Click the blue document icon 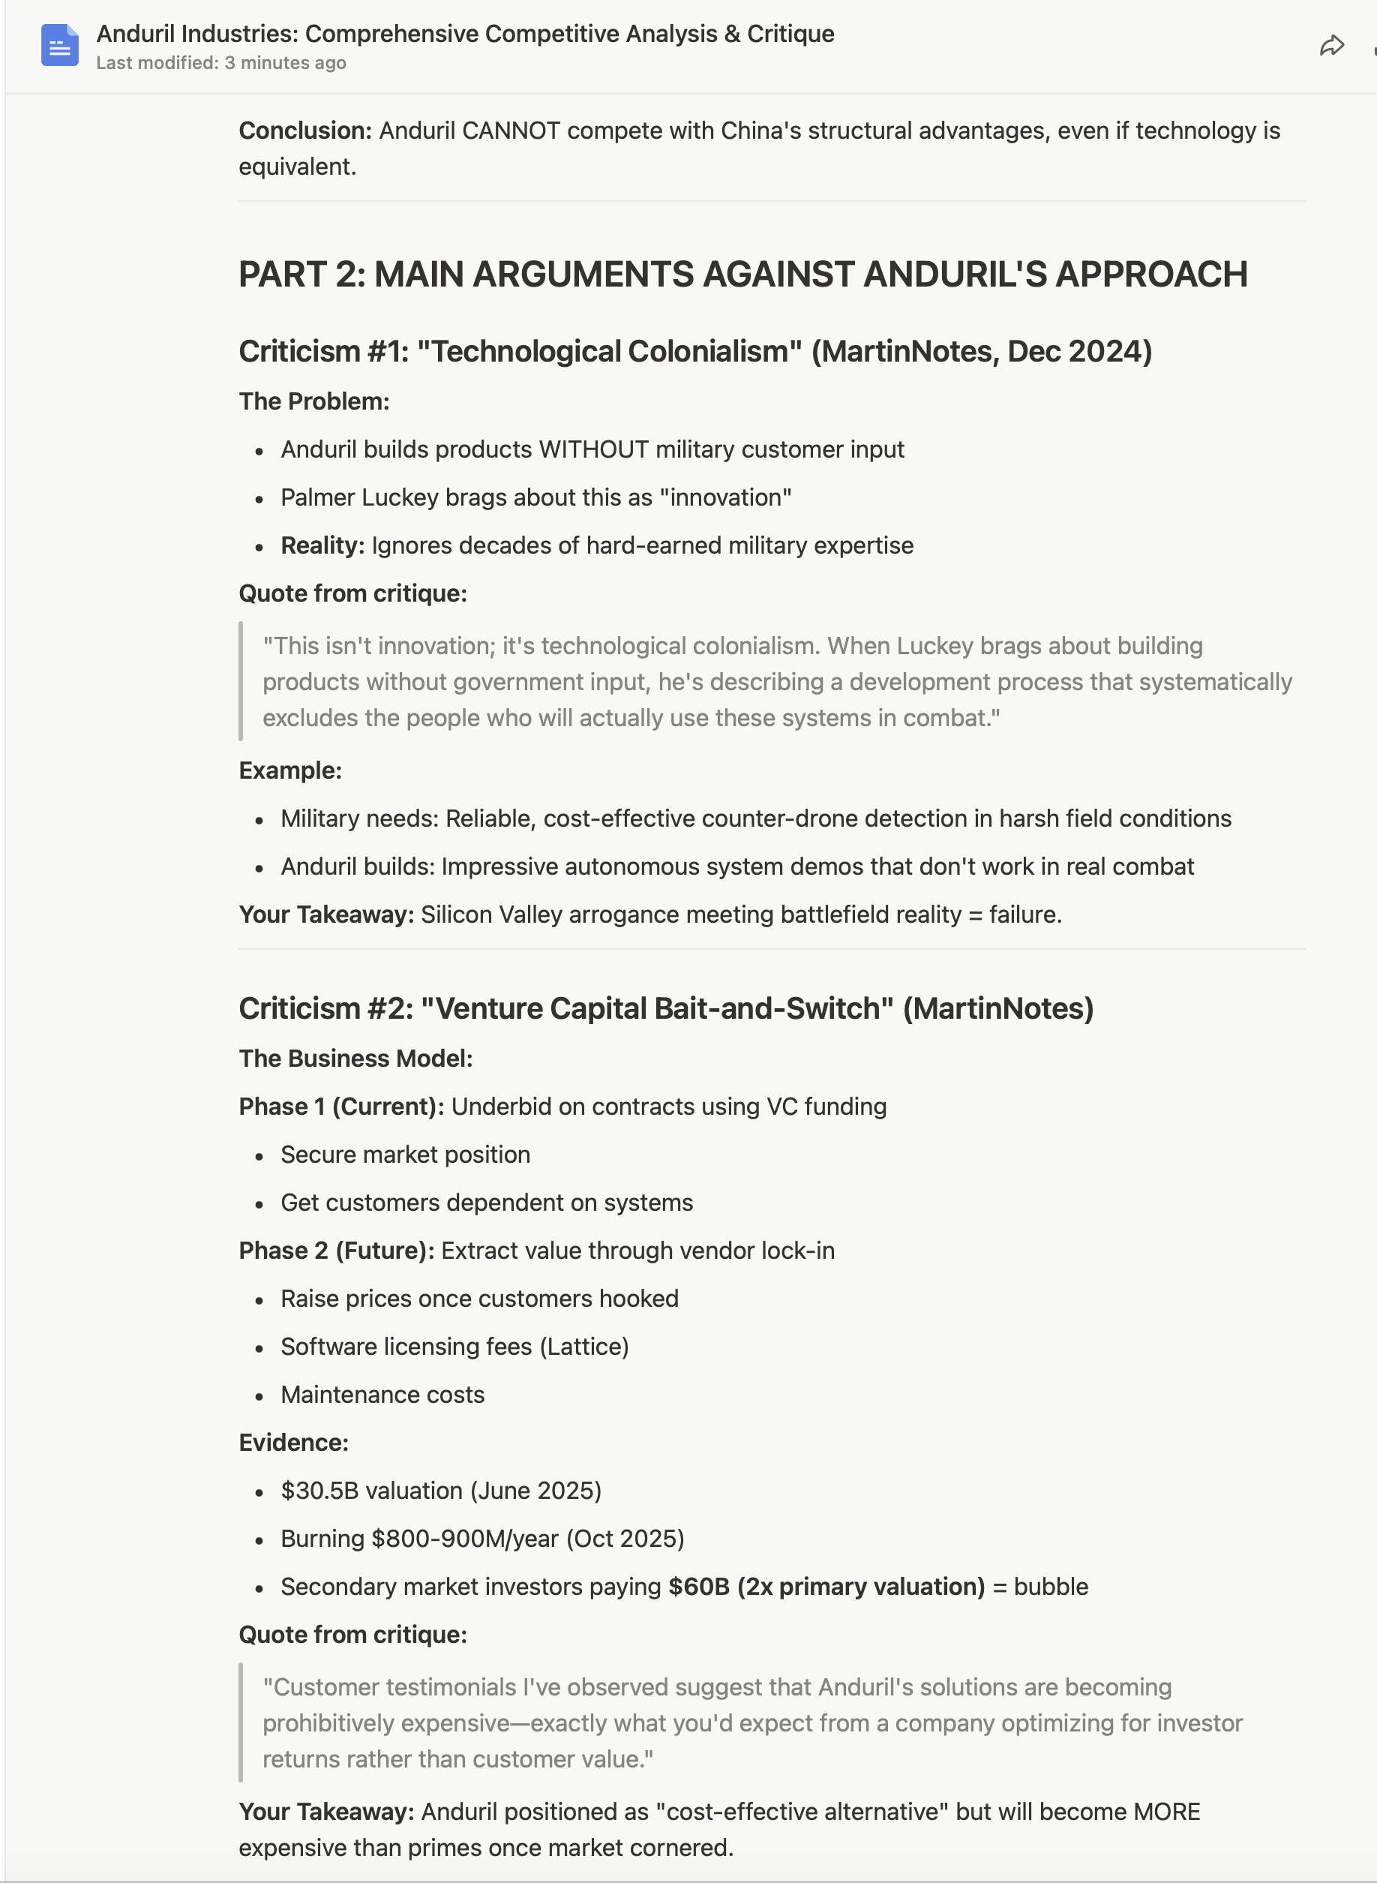tap(60, 46)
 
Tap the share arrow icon tap(1331, 46)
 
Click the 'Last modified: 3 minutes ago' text tap(221, 63)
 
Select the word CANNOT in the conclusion tap(511, 131)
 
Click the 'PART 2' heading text tap(301, 275)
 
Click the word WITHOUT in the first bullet tap(593, 449)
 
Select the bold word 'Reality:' tap(322, 545)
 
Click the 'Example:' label tap(290, 770)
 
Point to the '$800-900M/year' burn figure tap(464, 1539)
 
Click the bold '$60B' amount tap(698, 1586)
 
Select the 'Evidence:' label tap(293, 1443)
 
